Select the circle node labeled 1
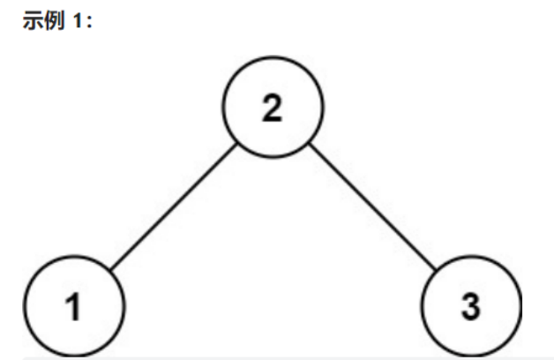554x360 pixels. [x=75, y=309]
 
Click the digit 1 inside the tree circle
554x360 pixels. [x=75, y=310]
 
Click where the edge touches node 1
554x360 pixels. [x=110, y=274]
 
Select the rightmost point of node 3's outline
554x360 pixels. [x=521, y=309]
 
